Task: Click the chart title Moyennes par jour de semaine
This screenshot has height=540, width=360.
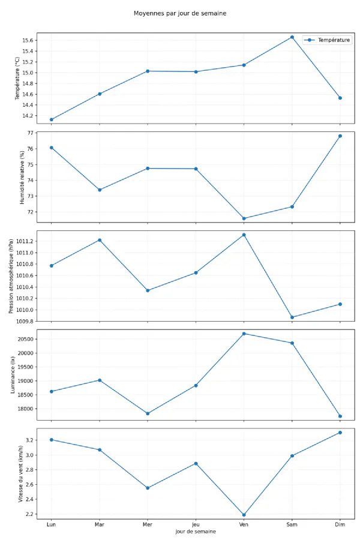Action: click(x=180, y=13)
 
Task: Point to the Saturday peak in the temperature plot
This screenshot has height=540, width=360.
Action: click(x=292, y=37)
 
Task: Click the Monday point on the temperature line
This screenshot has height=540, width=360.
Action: click(x=52, y=119)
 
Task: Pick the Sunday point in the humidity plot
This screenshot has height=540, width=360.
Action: click(x=340, y=136)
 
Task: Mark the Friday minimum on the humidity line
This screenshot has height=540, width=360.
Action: click(x=244, y=218)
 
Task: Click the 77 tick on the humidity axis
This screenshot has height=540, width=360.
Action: click(x=32, y=133)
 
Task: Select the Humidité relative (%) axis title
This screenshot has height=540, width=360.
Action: click(x=22, y=178)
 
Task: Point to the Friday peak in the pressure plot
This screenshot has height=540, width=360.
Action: click(x=244, y=235)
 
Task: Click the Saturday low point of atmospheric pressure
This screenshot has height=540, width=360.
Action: click(x=292, y=317)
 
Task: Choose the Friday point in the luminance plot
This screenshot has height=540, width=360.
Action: click(x=244, y=334)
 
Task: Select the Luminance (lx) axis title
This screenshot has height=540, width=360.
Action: click(x=13, y=374)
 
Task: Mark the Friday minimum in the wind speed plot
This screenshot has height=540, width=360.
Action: click(x=244, y=515)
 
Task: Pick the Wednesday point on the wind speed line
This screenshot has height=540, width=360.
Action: click(x=148, y=488)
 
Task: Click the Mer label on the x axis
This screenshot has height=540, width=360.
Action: click(x=148, y=524)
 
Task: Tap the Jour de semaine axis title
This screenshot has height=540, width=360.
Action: click(x=196, y=532)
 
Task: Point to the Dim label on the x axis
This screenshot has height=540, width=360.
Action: click(x=340, y=524)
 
